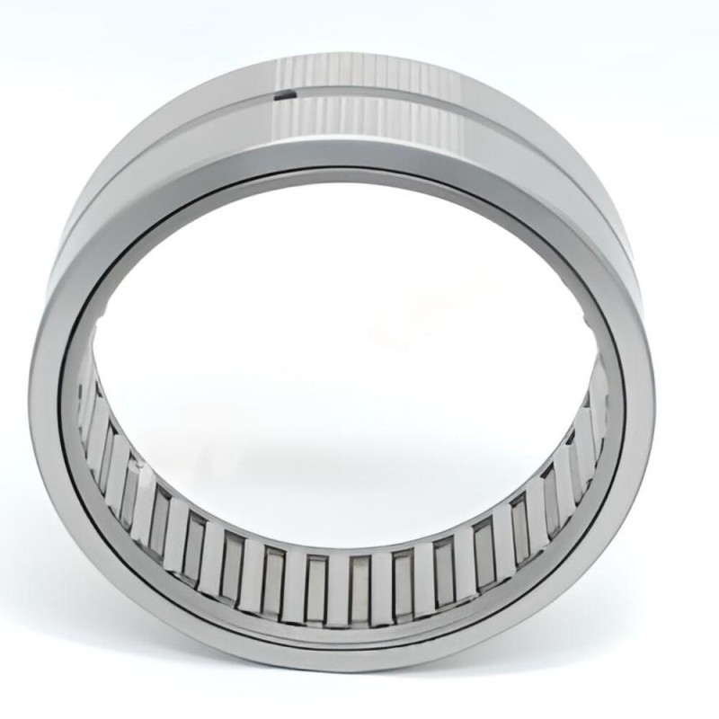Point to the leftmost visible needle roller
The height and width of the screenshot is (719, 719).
85,404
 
